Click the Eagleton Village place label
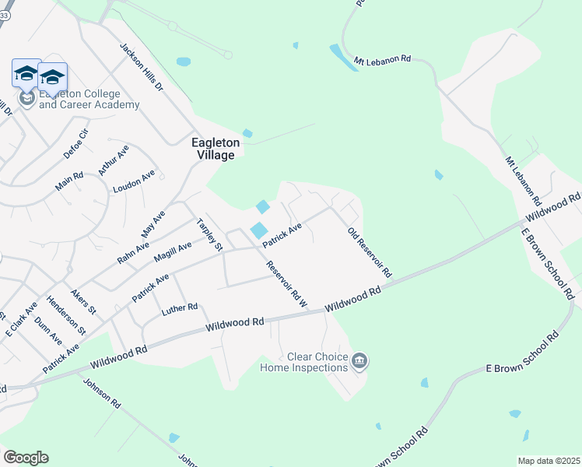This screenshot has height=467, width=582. click(x=213, y=149)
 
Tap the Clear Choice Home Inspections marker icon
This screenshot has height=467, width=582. click(x=359, y=360)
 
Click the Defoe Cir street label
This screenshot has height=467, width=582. click(x=76, y=144)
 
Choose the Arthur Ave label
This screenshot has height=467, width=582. click(x=113, y=160)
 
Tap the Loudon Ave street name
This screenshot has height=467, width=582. click(x=134, y=182)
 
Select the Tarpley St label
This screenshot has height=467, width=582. click(x=210, y=234)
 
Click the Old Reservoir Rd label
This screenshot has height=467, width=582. click(x=369, y=253)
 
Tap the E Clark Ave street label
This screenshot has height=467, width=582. click(x=21, y=319)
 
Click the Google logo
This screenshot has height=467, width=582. click(x=26, y=458)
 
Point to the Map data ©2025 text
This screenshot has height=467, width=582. click(x=549, y=461)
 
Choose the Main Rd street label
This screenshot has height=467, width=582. click(x=68, y=183)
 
